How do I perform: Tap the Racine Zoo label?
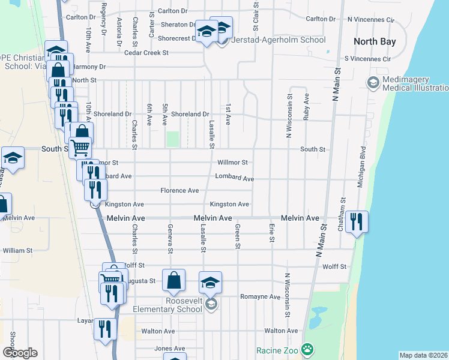[x=278, y=350]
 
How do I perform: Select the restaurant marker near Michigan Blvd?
[x=357, y=221]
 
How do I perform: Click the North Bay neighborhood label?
[x=375, y=41]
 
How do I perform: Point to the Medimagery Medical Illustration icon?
[x=372, y=82]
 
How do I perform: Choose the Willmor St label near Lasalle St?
[x=232, y=163]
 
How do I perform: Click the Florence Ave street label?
[x=179, y=191]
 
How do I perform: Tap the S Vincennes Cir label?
[x=367, y=59]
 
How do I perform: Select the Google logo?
[x=20, y=353]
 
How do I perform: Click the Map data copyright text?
[x=423, y=355]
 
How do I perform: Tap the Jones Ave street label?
[x=170, y=349]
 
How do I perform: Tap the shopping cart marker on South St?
[x=80, y=147]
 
